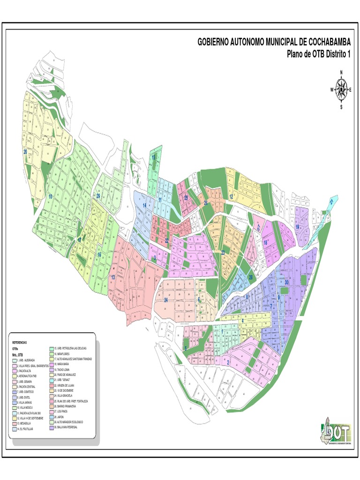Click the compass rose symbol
(341, 89)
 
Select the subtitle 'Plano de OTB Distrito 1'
(318, 54)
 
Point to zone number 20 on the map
(25, 152)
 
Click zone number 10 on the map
(50, 197)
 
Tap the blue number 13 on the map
(113, 277)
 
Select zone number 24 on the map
(166, 300)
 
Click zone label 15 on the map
(153, 158)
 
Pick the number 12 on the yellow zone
(232, 197)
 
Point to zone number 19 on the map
(297, 227)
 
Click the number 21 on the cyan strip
(331, 202)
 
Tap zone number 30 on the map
(286, 282)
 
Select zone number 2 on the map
(228, 362)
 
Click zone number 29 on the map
(98, 196)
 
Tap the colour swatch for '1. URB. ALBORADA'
(14, 360)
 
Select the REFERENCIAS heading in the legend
(20, 343)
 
